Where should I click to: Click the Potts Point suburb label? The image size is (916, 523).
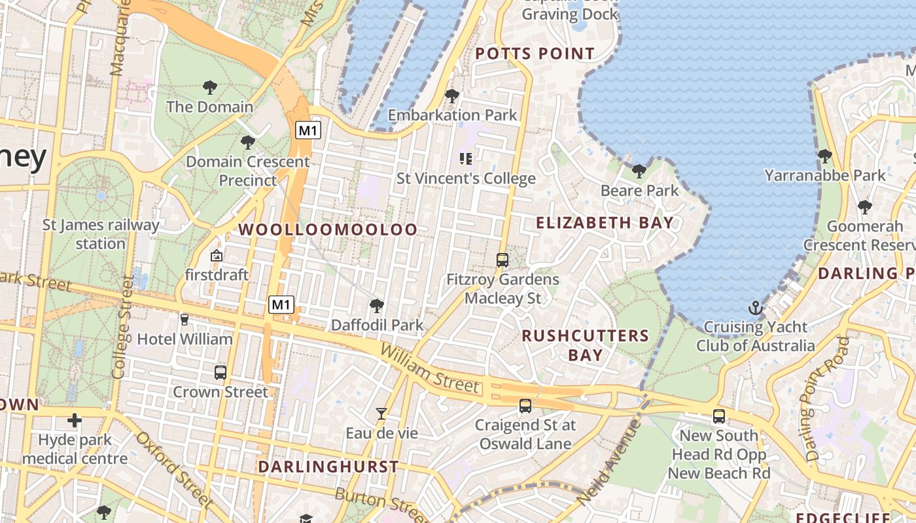tap(535, 54)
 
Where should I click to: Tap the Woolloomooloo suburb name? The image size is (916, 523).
tap(328, 229)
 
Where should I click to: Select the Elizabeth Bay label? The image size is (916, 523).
tap(605, 223)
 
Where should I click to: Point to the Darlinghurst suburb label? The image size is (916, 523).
tap(328, 467)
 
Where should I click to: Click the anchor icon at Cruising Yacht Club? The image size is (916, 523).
tap(756, 307)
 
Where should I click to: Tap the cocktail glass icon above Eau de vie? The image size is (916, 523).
tap(381, 413)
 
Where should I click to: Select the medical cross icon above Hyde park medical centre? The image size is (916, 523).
tap(75, 420)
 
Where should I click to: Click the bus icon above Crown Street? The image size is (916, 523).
tap(220, 373)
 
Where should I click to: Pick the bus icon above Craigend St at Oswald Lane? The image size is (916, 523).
tap(525, 406)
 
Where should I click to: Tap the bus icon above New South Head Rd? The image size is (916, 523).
tap(719, 416)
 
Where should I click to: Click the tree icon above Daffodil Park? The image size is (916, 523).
tap(376, 305)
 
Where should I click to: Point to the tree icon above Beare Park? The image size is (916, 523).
tap(639, 171)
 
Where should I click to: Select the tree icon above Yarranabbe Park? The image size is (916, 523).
tap(825, 156)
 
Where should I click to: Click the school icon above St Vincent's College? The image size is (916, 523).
tap(466, 158)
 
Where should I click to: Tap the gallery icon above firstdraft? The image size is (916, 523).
tap(217, 256)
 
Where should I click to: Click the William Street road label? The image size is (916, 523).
tap(429, 369)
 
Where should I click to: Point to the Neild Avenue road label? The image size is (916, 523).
tap(608, 461)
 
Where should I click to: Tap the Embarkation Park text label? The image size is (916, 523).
tap(453, 115)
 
